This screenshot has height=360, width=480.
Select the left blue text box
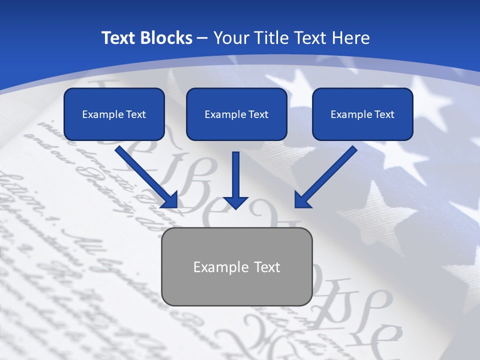click(x=114, y=114)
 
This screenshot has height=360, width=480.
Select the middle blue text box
click(x=236, y=114)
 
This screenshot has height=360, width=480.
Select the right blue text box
click(x=362, y=114)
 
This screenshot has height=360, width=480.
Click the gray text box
click(x=236, y=266)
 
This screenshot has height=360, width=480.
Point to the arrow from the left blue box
click(x=145, y=176)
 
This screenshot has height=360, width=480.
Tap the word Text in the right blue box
click(x=384, y=114)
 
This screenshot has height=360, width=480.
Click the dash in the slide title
click(x=202, y=38)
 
